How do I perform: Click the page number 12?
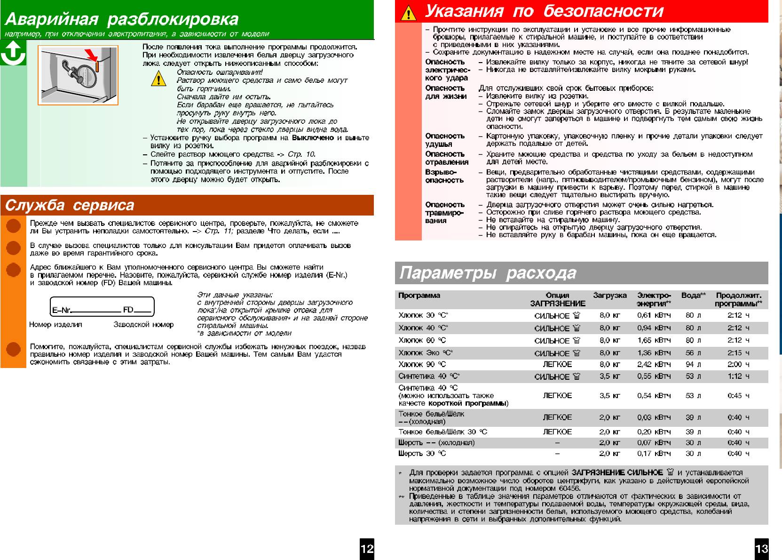point(367,548)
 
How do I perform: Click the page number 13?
point(761,548)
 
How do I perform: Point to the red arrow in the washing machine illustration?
point(91,55)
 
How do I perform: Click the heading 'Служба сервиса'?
point(70,206)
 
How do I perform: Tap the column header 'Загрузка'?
point(609,296)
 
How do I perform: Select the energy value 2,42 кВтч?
point(654,364)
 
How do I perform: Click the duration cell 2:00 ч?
point(738,364)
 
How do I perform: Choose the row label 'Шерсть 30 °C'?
point(422,454)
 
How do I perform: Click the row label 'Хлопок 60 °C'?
point(422,340)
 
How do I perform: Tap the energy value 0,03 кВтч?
point(654,417)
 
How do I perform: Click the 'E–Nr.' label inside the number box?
point(61,310)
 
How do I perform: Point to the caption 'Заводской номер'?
point(143,325)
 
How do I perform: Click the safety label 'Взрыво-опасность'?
point(441,176)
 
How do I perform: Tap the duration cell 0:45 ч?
point(738,396)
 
